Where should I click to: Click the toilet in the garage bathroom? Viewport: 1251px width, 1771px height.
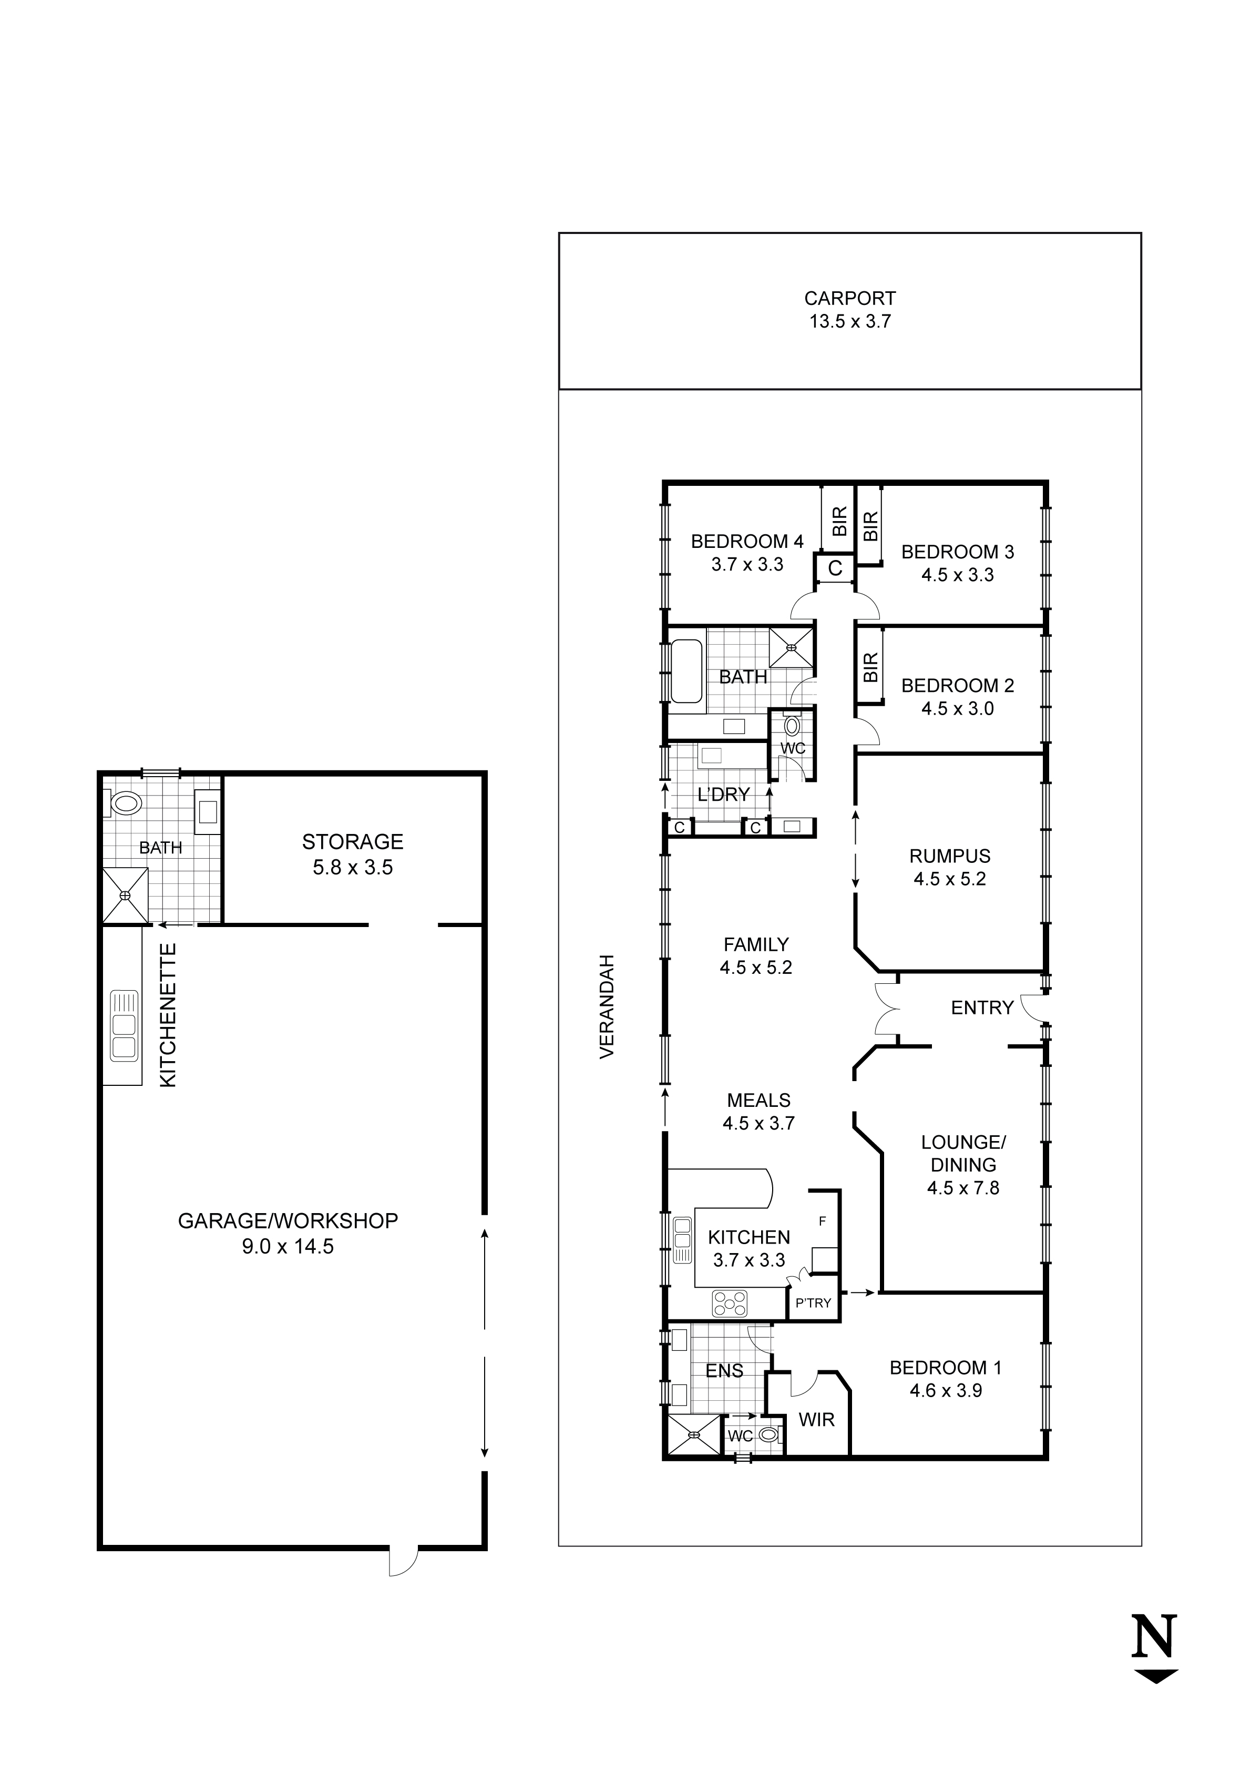125,804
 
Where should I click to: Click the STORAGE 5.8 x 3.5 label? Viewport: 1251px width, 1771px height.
353,854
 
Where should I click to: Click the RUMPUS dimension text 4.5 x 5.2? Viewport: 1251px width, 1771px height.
949,879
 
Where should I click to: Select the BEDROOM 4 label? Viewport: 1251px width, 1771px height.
746,542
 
